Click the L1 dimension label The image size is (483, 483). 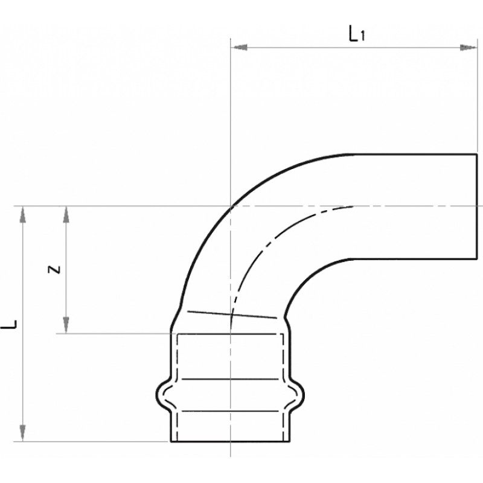(357, 34)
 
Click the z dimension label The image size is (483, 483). (54, 269)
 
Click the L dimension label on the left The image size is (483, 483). (9, 324)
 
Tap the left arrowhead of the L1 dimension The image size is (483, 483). (239, 48)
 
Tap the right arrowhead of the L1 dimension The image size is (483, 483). (469, 48)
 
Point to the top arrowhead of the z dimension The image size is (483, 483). (66, 214)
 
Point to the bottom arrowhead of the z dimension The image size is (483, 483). (66, 325)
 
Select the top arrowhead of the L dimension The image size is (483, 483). (22, 214)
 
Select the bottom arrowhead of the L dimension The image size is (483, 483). (22, 433)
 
